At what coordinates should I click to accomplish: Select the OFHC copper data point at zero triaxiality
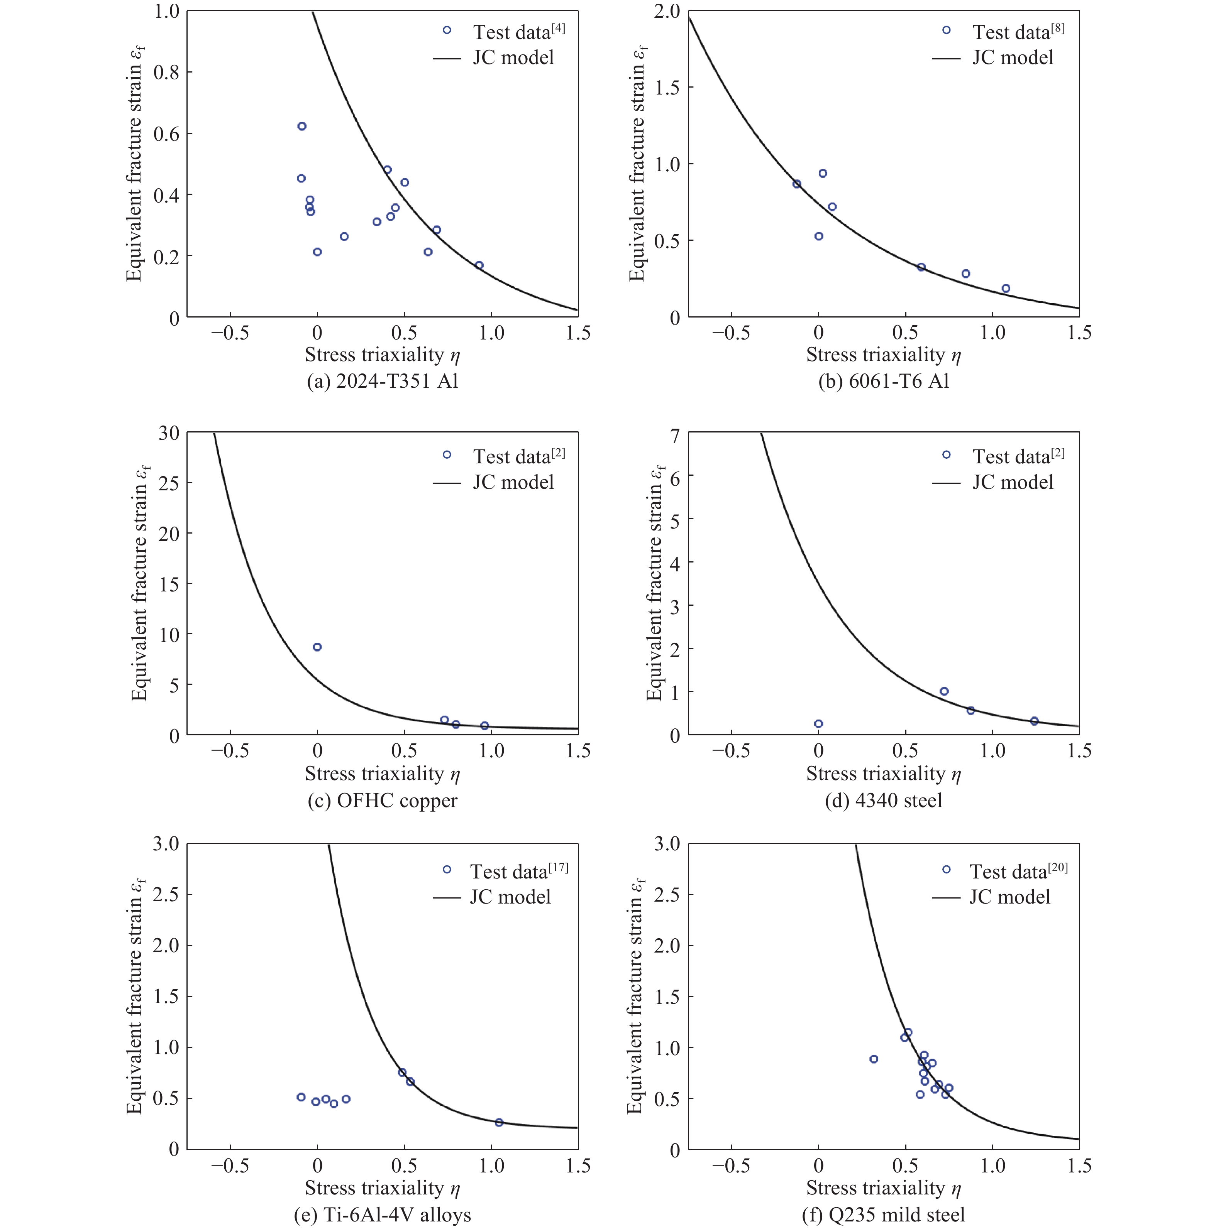coord(317,647)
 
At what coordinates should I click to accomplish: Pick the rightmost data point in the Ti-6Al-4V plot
coord(499,1123)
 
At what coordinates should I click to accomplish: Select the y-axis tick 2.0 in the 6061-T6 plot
coord(667,12)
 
